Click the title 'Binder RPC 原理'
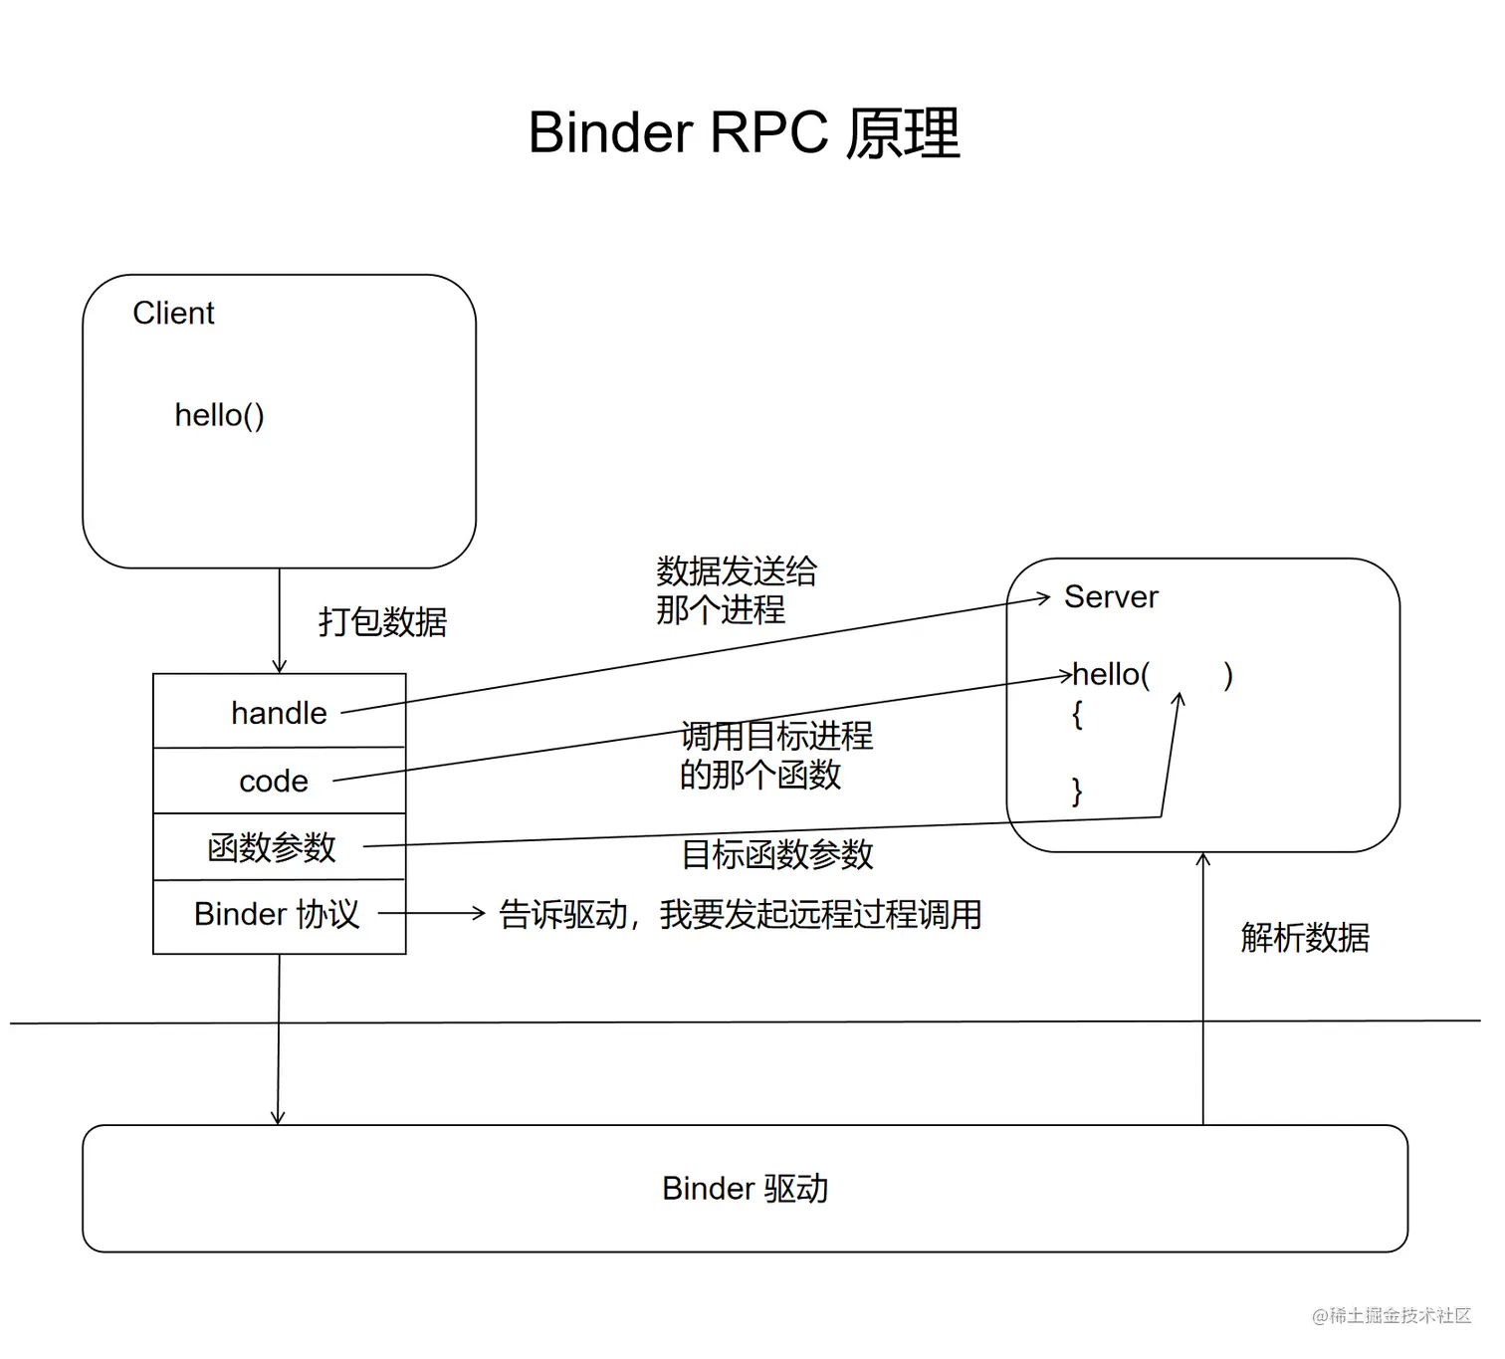[x=744, y=132]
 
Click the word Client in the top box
[x=173, y=313]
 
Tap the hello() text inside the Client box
[x=219, y=414]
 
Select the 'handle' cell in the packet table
[x=279, y=713]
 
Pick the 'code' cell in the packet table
[x=274, y=782]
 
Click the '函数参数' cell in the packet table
[x=272, y=847]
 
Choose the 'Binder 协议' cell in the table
[x=276, y=914]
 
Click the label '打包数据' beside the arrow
[x=382, y=621]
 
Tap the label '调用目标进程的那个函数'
[x=774, y=755]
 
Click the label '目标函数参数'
[x=776, y=854]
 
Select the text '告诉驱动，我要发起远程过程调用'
[x=740, y=914]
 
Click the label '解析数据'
[x=1304, y=937]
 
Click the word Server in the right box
[x=1111, y=596]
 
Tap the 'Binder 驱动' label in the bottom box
[x=745, y=1188]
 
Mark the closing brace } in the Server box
[x=1076, y=791]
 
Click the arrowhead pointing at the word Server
[x=1044, y=597]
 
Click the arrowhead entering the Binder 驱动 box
[x=278, y=1118]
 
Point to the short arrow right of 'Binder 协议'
[x=431, y=912]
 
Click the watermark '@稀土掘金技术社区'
[x=1391, y=1315]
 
